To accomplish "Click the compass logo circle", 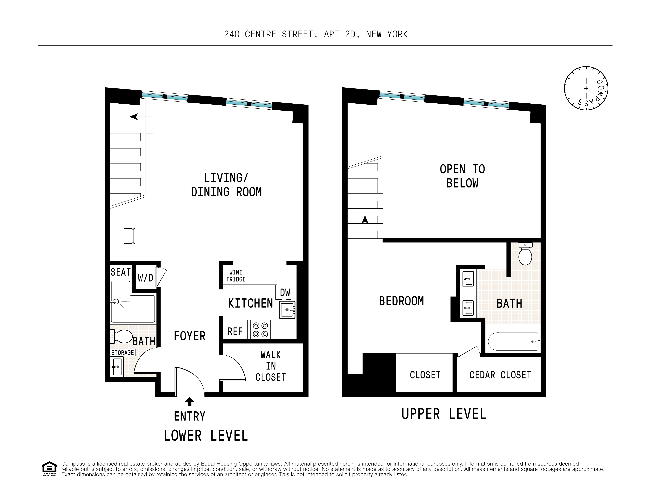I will pyautogui.click(x=586, y=88).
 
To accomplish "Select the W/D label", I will pyautogui.click(x=145, y=278).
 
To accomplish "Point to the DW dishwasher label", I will pyautogui.click(x=285, y=293).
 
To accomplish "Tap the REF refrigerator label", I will pyautogui.click(x=235, y=331).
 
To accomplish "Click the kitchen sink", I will pyautogui.click(x=287, y=310).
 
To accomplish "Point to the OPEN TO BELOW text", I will pyautogui.click(x=462, y=176).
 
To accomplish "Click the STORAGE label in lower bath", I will pyautogui.click(x=122, y=353).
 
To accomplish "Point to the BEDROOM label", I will pyautogui.click(x=401, y=301).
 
